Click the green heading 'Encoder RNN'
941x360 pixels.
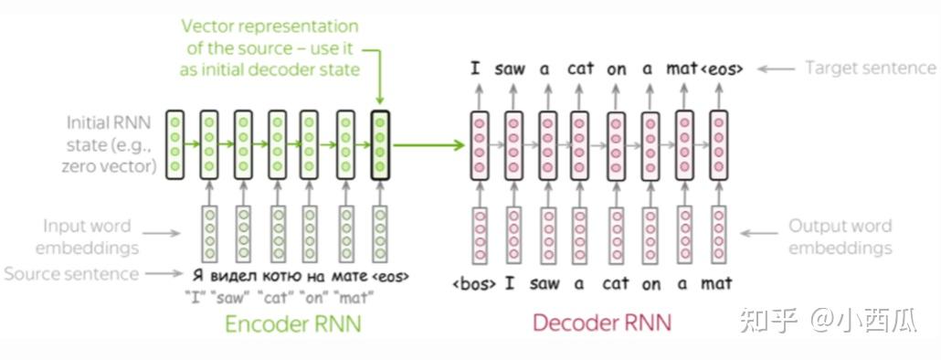click(x=292, y=323)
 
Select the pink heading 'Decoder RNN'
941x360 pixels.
click(x=602, y=323)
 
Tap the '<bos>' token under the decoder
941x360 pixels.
click(x=474, y=284)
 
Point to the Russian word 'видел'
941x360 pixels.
click(x=239, y=274)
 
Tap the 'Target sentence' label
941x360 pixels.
click(x=870, y=68)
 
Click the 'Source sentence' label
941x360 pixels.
click(x=71, y=273)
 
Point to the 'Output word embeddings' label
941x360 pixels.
click(x=840, y=237)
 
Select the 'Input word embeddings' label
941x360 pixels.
click(x=87, y=237)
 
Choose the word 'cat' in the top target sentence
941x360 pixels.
click(x=580, y=69)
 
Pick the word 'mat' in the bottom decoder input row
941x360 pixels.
click(x=718, y=284)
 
